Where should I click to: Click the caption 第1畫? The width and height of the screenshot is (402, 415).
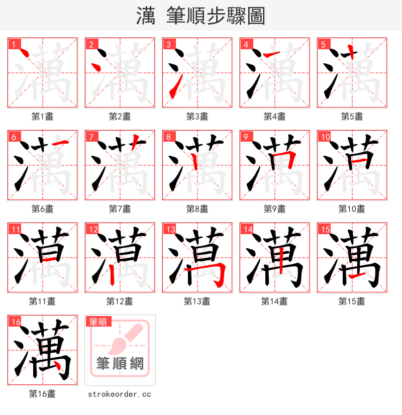coord(42,117)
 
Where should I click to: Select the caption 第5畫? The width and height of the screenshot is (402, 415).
coord(352,117)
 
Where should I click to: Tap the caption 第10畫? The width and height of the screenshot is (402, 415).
coord(352,209)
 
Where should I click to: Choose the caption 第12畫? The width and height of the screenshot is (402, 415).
coord(120,301)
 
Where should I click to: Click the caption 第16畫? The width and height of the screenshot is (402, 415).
coord(42,394)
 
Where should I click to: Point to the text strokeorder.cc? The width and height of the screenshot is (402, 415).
coord(120,394)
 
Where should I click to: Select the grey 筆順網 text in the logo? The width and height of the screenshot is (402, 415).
coord(120,363)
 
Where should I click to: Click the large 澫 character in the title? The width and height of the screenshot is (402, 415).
coord(145,16)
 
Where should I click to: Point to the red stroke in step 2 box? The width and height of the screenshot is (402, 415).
coord(96,65)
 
